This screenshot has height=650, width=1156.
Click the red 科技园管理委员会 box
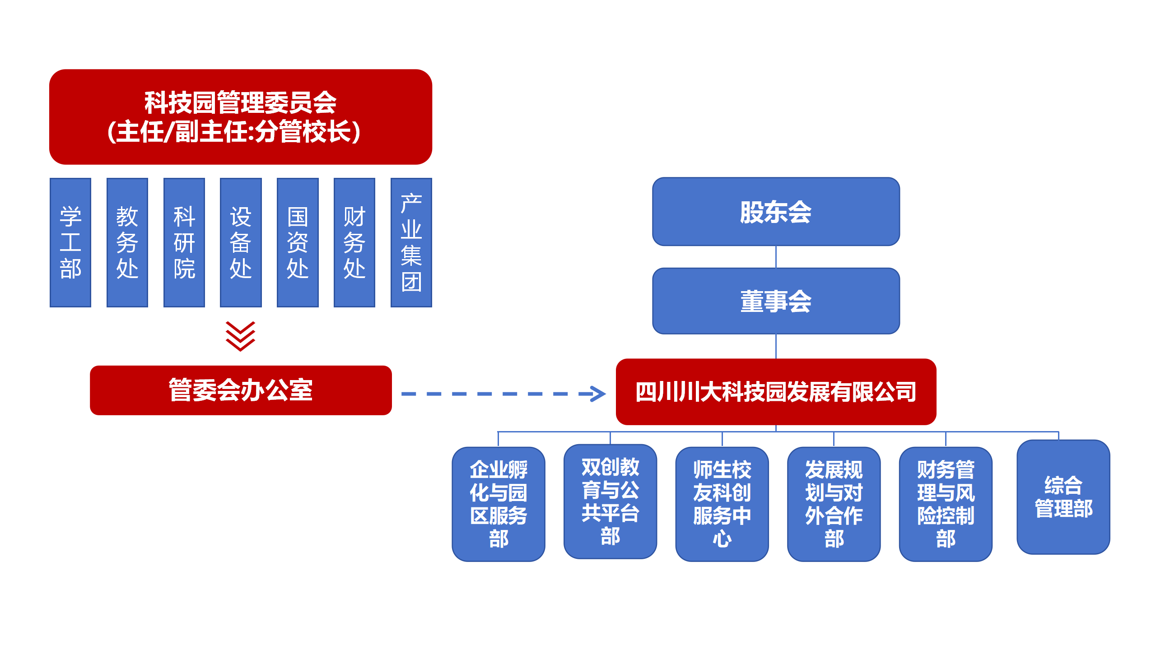click(241, 117)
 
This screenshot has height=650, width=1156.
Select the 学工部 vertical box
click(70, 242)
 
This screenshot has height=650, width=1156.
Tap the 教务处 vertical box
click(127, 242)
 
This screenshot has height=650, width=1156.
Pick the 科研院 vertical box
click(184, 242)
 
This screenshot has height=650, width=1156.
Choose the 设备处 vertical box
click(241, 242)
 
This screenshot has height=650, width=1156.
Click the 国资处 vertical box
click(298, 242)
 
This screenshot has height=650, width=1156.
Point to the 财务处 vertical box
click(354, 242)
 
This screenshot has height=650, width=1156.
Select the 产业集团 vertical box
click(411, 242)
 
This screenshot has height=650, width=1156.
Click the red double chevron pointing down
click(241, 336)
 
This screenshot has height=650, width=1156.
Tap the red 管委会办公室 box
click(241, 390)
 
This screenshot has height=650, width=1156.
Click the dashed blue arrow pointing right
click(503, 394)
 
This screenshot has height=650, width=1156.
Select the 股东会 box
click(776, 212)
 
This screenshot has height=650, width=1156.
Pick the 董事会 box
click(776, 301)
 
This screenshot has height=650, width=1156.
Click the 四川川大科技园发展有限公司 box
click(776, 392)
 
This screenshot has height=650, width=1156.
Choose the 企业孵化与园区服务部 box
click(499, 504)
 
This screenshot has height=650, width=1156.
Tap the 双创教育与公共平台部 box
click(610, 501)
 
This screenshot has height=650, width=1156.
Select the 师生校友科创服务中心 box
click(722, 504)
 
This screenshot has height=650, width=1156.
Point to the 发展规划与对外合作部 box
click(834, 504)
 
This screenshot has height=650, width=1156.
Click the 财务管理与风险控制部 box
click(946, 504)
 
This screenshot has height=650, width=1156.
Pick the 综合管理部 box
click(1063, 497)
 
